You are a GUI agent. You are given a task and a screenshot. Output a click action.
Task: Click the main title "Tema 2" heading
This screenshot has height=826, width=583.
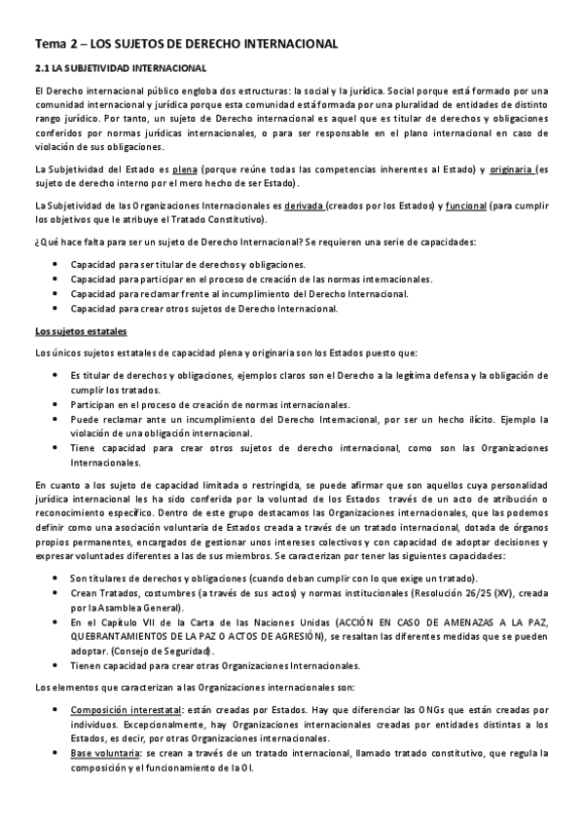[186, 44]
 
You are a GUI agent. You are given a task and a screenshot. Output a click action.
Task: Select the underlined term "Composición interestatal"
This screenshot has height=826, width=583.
[130, 710]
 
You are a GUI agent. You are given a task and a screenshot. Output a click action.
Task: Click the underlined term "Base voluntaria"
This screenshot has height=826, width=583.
[106, 754]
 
